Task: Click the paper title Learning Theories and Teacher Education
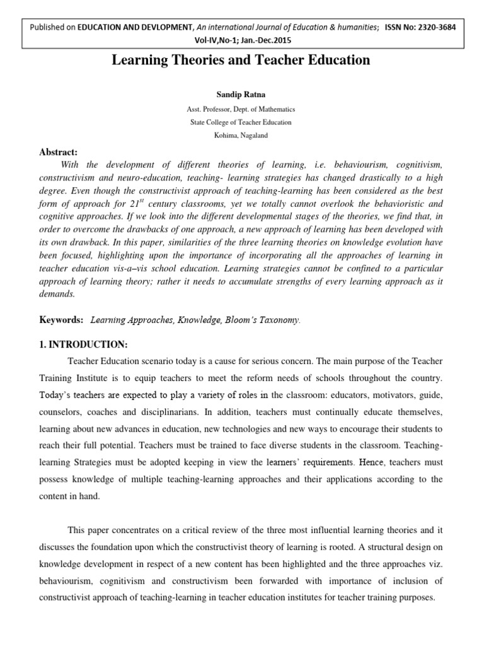[241, 61]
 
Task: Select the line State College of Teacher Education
[241, 122]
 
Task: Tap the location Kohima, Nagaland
[241, 136]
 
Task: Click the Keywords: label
[62, 303]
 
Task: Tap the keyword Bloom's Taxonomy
[260, 303]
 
